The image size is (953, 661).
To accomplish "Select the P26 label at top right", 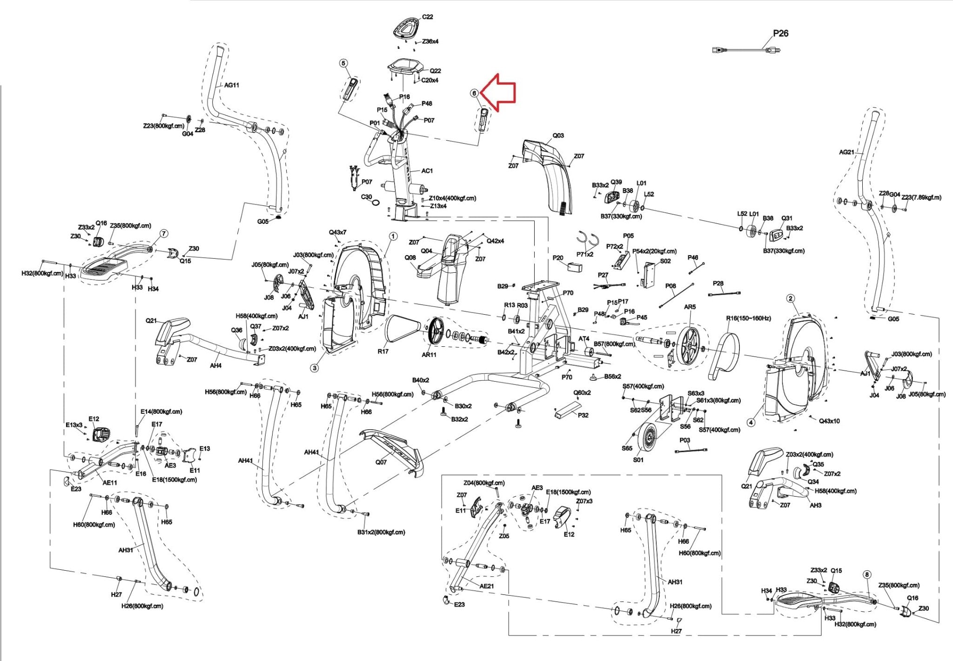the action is [781, 34].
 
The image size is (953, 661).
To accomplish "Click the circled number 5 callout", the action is [343, 63].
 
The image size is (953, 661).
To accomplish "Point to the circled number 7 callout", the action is [164, 233].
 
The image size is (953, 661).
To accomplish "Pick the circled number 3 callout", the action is [315, 368].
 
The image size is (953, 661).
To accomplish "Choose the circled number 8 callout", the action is [867, 575].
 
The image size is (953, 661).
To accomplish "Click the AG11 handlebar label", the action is [232, 85].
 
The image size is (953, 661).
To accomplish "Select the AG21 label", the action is [846, 152].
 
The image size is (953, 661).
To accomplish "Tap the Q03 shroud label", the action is [558, 135].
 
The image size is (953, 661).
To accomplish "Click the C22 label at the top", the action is [427, 17].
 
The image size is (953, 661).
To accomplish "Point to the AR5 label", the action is [690, 307].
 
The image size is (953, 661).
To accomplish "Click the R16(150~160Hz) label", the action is [748, 318].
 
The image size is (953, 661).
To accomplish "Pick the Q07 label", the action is [381, 462].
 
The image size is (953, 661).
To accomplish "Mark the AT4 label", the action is [584, 339].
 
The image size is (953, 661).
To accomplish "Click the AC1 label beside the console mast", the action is [427, 171].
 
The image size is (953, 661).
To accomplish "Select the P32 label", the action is [583, 415].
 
